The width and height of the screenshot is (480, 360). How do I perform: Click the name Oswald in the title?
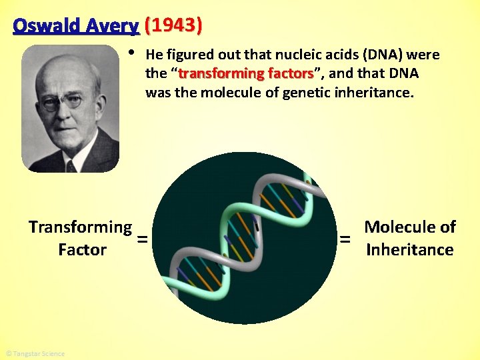(x=44, y=26)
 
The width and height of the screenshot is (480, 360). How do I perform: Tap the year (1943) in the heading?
(x=173, y=26)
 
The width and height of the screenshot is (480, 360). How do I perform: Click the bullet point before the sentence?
(x=133, y=53)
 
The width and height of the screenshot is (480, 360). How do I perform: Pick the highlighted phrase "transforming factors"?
(x=246, y=73)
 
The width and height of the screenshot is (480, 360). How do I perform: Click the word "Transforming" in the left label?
(x=81, y=227)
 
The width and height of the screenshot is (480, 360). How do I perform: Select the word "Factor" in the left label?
(x=82, y=250)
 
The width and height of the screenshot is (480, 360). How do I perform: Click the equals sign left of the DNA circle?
(x=142, y=239)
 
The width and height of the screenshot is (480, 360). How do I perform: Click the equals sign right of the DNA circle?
(x=345, y=239)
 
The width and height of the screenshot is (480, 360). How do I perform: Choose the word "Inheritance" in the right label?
(x=410, y=250)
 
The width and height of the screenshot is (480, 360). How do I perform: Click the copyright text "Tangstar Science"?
(x=35, y=353)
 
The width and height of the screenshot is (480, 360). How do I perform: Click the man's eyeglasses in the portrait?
(x=63, y=102)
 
